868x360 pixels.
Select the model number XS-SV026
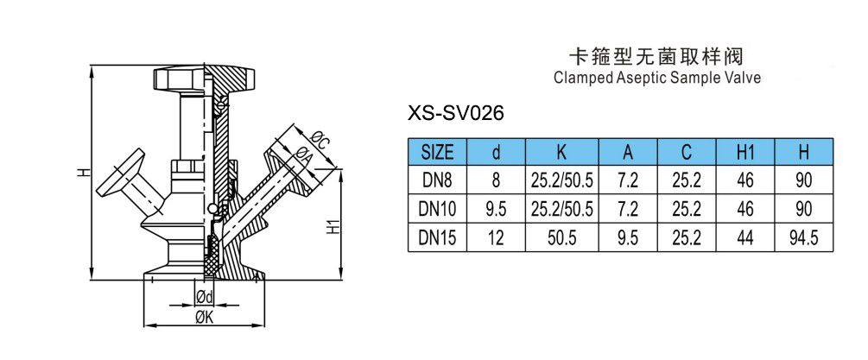click(454, 113)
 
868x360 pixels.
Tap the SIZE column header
click(437, 153)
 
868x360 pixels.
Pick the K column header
click(561, 153)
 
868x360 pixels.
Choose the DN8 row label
click(437, 181)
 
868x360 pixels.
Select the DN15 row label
click(437, 238)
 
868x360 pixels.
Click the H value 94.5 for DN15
click(804, 238)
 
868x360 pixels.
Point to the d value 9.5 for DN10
click(496, 210)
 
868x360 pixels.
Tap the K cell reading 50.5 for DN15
click(561, 238)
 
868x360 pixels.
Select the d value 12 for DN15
click(496, 238)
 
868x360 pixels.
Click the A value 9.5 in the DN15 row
click(629, 238)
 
